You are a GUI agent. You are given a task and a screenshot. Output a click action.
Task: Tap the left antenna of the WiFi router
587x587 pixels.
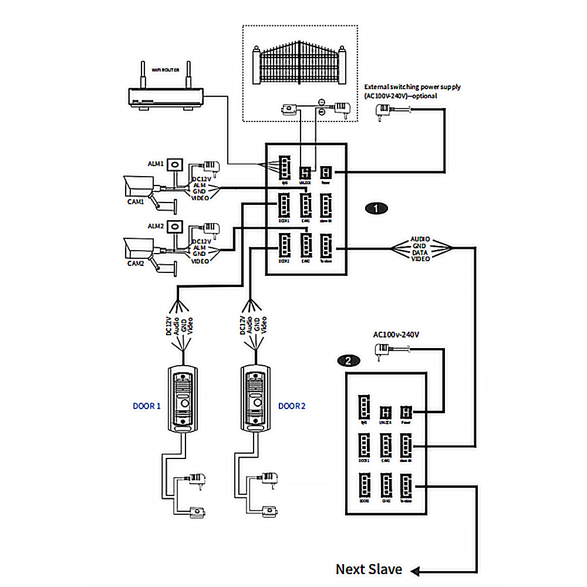[x=143, y=73]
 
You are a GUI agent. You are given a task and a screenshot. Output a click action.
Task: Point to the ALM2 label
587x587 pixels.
[x=156, y=226]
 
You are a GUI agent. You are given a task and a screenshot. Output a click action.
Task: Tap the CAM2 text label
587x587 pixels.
[x=136, y=264]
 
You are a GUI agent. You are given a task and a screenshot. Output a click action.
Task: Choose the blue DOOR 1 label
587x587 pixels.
[x=146, y=406]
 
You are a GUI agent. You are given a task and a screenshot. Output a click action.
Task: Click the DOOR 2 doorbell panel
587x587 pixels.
[x=255, y=399]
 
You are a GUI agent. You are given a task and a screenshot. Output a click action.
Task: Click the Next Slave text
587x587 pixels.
[x=369, y=569]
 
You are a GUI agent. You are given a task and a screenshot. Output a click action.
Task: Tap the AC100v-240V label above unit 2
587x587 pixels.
[x=396, y=335]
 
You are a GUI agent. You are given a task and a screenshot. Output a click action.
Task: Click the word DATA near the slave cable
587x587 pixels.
[x=420, y=252]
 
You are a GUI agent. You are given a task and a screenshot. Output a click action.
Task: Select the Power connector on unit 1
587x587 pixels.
[x=326, y=173]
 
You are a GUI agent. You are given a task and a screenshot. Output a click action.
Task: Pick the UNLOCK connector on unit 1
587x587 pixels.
[x=305, y=173]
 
